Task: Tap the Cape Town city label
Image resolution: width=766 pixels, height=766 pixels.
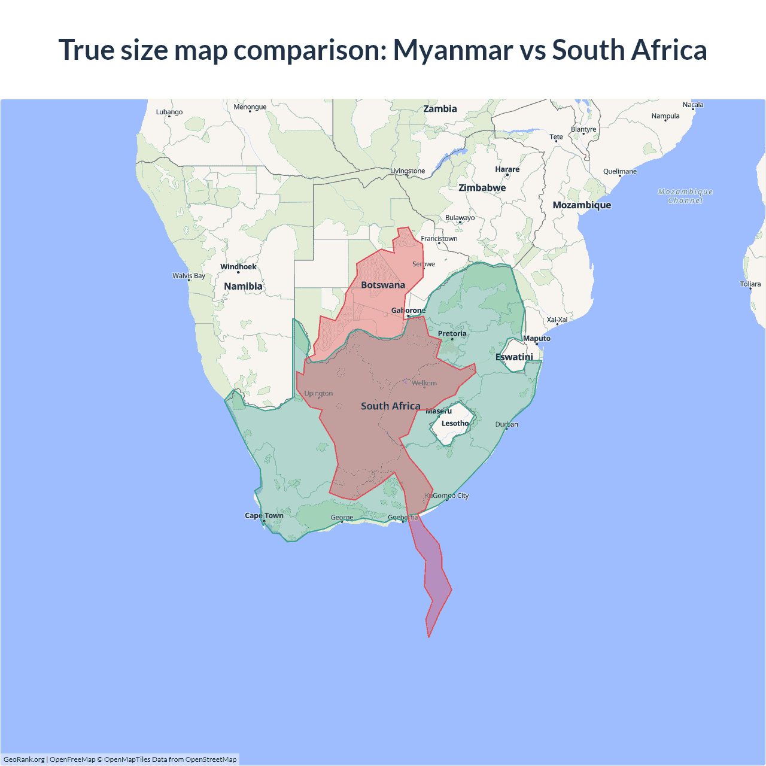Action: coord(264,515)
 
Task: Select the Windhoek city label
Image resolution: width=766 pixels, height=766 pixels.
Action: coord(238,267)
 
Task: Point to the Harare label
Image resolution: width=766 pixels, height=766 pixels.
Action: coord(507,169)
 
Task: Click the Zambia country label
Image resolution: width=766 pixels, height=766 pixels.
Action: coord(440,109)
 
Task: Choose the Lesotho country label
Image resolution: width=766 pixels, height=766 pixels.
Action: coord(455,423)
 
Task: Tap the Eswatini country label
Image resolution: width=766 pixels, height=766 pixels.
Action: coord(514,357)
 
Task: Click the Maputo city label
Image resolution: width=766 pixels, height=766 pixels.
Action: coord(537,339)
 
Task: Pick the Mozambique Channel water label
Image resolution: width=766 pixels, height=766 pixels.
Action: coord(685,196)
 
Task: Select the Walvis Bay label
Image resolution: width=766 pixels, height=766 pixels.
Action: coord(189,276)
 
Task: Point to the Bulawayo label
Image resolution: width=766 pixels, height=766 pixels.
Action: coord(460,218)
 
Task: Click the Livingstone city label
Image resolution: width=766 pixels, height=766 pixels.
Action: coord(408,171)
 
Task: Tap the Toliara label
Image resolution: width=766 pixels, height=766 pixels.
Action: coord(750,284)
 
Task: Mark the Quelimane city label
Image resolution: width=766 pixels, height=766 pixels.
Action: coord(620,172)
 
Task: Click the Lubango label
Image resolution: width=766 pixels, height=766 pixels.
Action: coord(169,112)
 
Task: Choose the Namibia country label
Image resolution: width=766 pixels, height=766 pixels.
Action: coord(243,287)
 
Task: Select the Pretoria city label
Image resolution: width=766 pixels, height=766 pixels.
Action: coord(452,334)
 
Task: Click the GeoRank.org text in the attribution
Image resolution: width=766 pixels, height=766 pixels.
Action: coord(24,759)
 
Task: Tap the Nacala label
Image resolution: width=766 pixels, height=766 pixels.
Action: coord(693,105)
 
